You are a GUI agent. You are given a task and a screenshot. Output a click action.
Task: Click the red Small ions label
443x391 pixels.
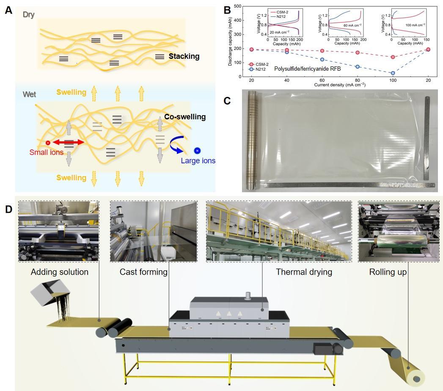tap(47, 152)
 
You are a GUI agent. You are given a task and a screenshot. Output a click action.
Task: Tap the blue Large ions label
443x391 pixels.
tap(198, 161)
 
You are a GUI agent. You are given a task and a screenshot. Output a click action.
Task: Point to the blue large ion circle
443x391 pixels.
tap(197, 151)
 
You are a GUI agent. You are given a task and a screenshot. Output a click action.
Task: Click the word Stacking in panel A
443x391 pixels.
tap(184, 56)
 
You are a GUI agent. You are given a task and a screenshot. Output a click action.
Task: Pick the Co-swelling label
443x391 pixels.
tap(185, 117)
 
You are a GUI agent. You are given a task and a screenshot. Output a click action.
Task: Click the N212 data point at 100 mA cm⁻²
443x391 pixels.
tap(393, 73)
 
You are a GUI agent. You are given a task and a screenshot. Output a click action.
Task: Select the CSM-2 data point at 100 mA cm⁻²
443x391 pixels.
tap(393, 57)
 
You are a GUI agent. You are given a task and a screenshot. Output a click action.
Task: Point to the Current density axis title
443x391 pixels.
tap(340, 85)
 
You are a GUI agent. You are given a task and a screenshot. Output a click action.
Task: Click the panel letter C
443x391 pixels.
tap(227, 101)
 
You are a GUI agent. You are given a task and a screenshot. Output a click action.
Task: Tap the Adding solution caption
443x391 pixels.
tap(60, 272)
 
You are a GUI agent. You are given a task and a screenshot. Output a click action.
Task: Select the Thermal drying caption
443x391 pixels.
tap(304, 272)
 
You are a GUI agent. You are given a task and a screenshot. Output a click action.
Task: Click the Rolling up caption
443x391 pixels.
tap(388, 272)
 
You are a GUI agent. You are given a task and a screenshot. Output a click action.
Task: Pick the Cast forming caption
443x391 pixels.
tap(144, 272)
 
